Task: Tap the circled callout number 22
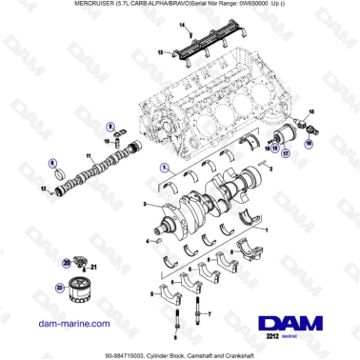tap(57, 285)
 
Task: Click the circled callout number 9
tap(110, 126)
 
